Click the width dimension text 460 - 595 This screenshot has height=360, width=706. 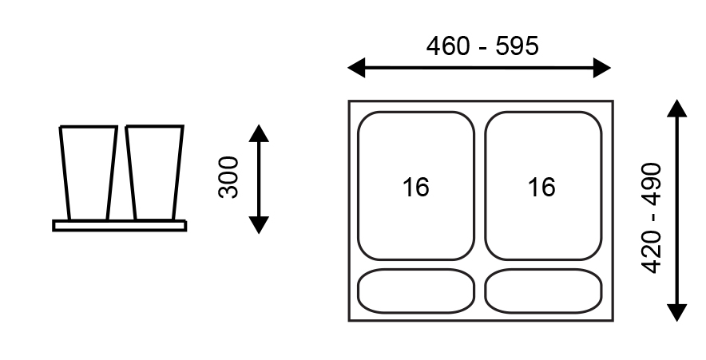click(x=482, y=46)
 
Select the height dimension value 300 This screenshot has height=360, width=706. click(x=229, y=177)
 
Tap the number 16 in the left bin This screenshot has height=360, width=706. click(x=415, y=188)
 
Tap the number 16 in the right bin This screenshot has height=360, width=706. click(x=541, y=188)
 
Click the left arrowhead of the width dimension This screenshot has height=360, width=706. click(x=356, y=68)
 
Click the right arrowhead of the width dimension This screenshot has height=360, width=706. click(x=603, y=68)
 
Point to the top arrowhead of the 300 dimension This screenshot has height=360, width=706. click(x=259, y=132)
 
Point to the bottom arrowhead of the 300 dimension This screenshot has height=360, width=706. click(x=259, y=225)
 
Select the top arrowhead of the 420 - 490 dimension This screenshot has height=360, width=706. click(x=677, y=109)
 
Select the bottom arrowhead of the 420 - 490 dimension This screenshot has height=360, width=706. click(x=677, y=312)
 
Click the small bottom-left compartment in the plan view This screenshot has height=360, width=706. click(x=415, y=291)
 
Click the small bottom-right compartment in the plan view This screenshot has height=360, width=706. click(x=541, y=291)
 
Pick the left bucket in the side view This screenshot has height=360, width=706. click(x=88, y=172)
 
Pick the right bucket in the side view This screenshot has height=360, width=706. click(x=153, y=172)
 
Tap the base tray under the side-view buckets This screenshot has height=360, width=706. click(x=120, y=226)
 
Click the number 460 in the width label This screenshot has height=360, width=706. click(x=447, y=46)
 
